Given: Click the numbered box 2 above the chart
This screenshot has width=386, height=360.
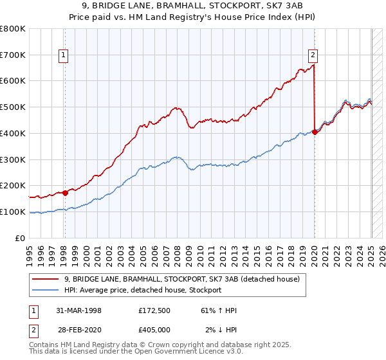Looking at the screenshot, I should (313, 55).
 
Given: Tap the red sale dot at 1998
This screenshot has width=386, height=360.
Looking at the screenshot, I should (65, 192).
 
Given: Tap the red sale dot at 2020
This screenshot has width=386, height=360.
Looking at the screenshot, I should (315, 132).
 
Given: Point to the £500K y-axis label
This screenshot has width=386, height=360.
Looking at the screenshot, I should (12, 107).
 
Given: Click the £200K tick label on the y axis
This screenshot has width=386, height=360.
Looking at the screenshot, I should (12, 186).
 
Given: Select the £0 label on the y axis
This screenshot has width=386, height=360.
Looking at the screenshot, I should (21, 238).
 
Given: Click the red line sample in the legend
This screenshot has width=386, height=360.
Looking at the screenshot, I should (46, 279).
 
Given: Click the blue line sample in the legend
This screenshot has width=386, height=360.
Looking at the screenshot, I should (46, 290).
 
